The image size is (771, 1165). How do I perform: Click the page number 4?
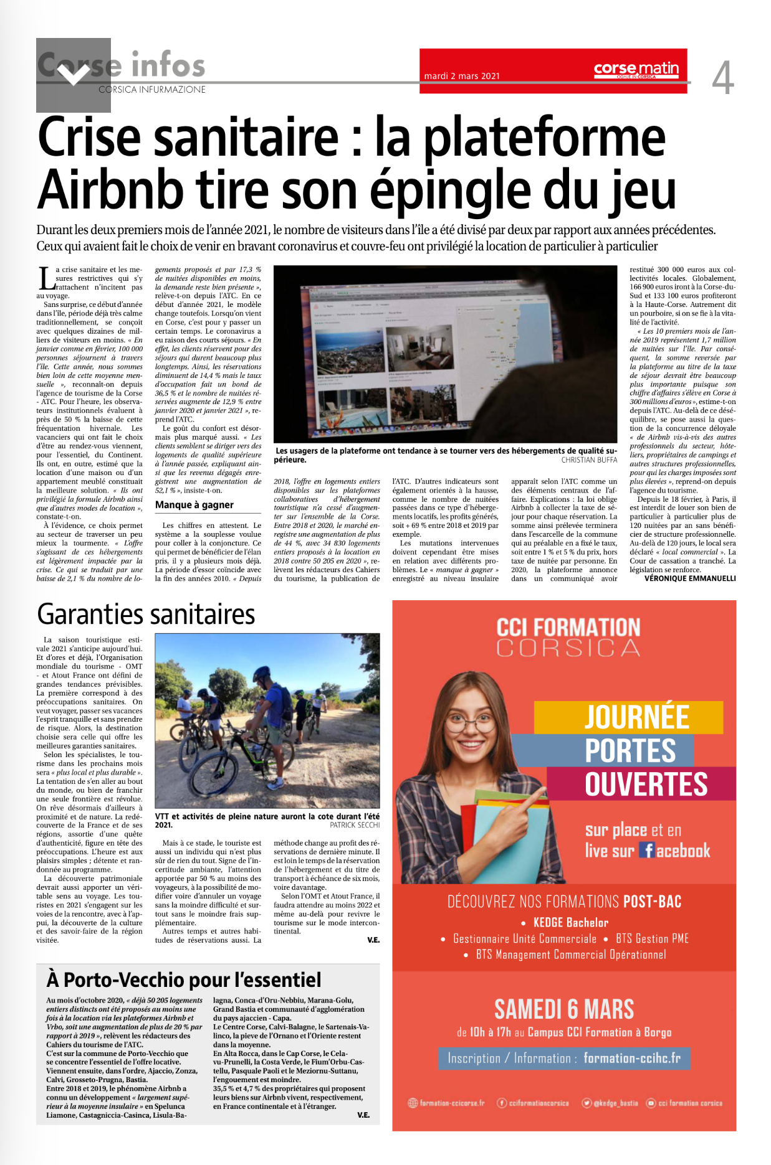pyautogui.click(x=722, y=78)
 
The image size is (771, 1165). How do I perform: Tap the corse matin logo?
pyautogui.click(x=636, y=69)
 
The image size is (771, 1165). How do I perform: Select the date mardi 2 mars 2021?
pyautogui.click(x=462, y=77)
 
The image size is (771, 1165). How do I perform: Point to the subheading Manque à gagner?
pyautogui.click(x=194, y=505)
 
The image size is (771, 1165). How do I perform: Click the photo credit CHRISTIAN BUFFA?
pyautogui.click(x=589, y=460)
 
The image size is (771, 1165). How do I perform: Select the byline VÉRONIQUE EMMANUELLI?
pyautogui.click(x=690, y=578)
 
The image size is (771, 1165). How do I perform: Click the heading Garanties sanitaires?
pyautogui.click(x=146, y=615)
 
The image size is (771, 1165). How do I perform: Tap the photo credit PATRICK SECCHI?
pyautogui.click(x=355, y=825)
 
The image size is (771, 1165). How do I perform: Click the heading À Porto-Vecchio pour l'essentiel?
pyautogui.click(x=184, y=980)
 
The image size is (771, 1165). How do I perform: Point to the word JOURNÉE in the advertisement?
pyautogui.click(x=636, y=717)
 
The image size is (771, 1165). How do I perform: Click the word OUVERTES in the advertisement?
pyautogui.click(x=646, y=784)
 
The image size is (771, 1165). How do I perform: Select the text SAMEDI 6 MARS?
pyautogui.click(x=564, y=1009)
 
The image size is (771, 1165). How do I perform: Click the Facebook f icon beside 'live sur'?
pyautogui.click(x=647, y=851)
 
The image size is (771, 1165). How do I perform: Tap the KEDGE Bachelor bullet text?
pyautogui.click(x=570, y=923)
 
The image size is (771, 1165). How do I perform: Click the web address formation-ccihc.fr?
pyautogui.click(x=632, y=1059)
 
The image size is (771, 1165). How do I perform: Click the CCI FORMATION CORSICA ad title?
pyautogui.click(x=568, y=637)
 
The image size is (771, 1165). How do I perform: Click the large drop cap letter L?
pyautogui.click(x=45, y=279)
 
